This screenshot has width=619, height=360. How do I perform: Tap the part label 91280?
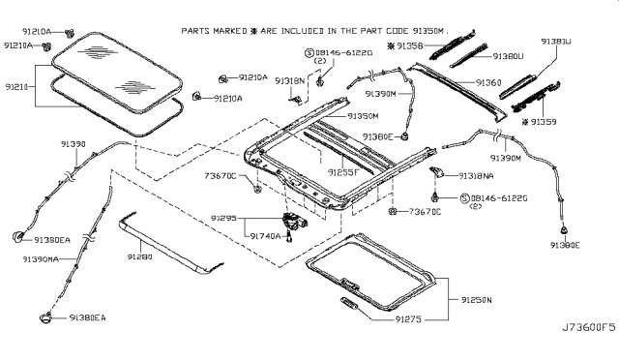pyautogui.click(x=140, y=258)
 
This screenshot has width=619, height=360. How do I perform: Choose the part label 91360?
pyautogui.click(x=486, y=83)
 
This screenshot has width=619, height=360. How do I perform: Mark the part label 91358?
pyautogui.click(x=407, y=45)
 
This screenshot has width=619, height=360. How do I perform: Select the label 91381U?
pyautogui.click(x=582, y=42)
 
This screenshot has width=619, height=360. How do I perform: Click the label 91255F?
pyautogui.click(x=339, y=171)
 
